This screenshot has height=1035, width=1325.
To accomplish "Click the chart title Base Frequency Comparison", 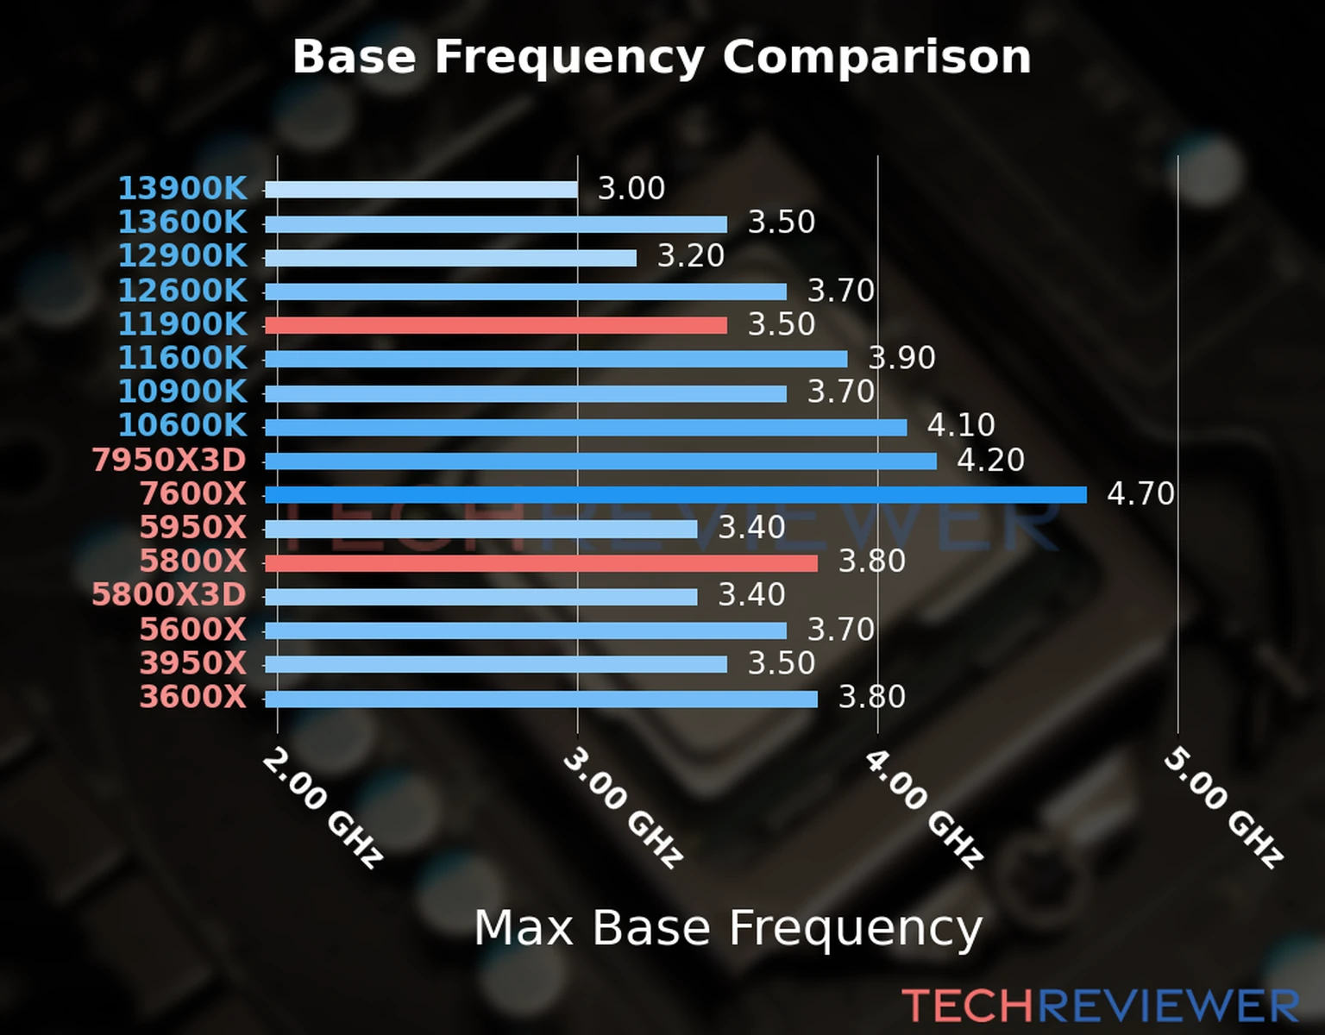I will click(662, 57).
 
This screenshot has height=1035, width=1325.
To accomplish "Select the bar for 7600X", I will click(675, 494).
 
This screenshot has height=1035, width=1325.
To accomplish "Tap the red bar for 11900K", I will click(495, 325).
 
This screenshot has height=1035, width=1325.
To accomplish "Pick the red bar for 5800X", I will click(541, 563).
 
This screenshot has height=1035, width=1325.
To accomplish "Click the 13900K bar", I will click(421, 190).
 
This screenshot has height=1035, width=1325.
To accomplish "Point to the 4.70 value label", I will click(1140, 493).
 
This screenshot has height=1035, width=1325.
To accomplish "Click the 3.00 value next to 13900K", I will click(631, 188).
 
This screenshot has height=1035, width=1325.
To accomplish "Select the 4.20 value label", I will click(990, 460).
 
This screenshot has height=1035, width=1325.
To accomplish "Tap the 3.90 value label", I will click(901, 357).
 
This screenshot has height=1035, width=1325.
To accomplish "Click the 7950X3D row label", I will click(169, 460).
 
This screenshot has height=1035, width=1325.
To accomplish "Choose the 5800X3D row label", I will click(169, 595).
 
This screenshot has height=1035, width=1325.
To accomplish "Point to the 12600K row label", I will click(182, 291).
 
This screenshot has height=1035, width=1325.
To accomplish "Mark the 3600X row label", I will click(193, 697).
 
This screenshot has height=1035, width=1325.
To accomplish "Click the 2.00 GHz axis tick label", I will click(322, 807).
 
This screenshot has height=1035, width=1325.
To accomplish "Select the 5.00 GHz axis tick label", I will click(1223, 807).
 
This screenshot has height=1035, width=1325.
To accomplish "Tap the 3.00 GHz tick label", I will click(622, 807).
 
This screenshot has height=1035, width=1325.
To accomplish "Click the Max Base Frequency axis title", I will click(728, 928).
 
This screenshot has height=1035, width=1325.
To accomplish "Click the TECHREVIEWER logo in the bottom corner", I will click(1100, 1006).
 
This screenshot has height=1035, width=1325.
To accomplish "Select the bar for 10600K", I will click(586, 427).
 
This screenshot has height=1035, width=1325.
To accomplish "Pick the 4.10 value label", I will click(961, 424).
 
